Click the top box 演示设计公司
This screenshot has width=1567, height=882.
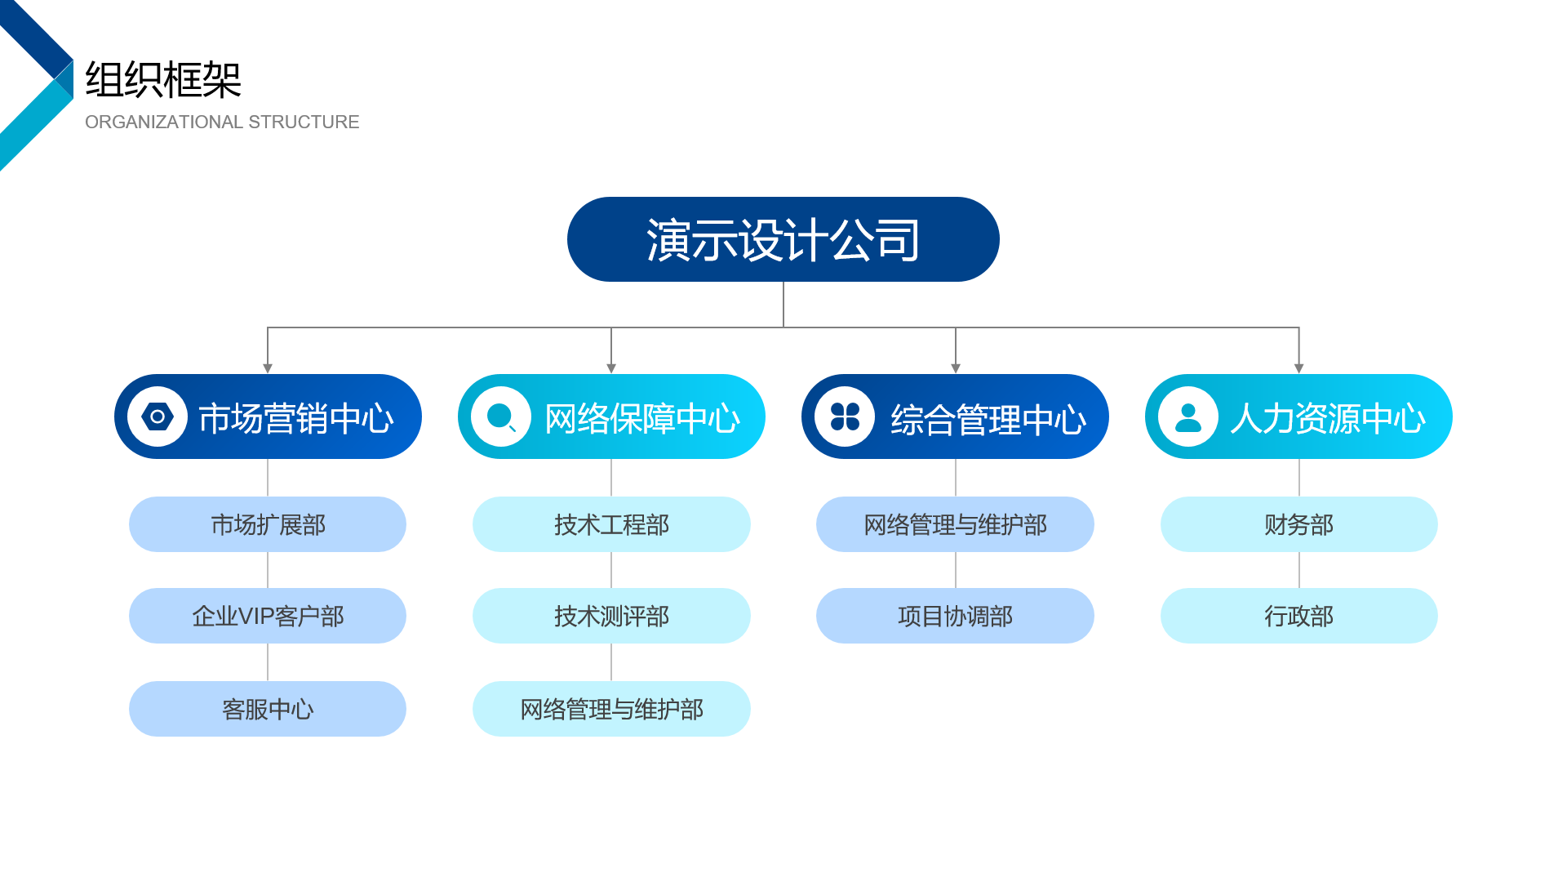[783, 239]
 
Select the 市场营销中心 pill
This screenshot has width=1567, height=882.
[268, 416]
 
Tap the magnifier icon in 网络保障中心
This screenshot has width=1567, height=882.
[501, 416]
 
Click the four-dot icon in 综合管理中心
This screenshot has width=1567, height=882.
[845, 416]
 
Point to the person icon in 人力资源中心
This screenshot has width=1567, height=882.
[1188, 417]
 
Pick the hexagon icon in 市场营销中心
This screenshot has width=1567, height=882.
[158, 416]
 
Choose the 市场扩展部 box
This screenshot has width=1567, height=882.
[268, 524]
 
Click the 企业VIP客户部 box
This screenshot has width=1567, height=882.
[268, 616]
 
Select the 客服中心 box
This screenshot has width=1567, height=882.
[268, 709]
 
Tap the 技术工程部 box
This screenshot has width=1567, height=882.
[611, 524]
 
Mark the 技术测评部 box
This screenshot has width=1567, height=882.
[611, 616]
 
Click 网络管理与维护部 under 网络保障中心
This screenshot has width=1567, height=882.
[611, 709]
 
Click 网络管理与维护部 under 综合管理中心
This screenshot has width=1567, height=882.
[955, 524]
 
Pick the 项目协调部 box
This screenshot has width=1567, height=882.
[955, 616]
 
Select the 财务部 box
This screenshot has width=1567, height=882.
[1299, 524]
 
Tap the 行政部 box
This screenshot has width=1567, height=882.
[1299, 616]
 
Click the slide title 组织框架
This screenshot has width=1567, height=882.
[163, 80]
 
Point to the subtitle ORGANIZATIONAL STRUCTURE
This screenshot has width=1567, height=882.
[222, 122]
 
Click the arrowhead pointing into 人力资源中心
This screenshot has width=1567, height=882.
[1299, 369]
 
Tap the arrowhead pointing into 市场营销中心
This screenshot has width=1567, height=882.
[268, 369]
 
